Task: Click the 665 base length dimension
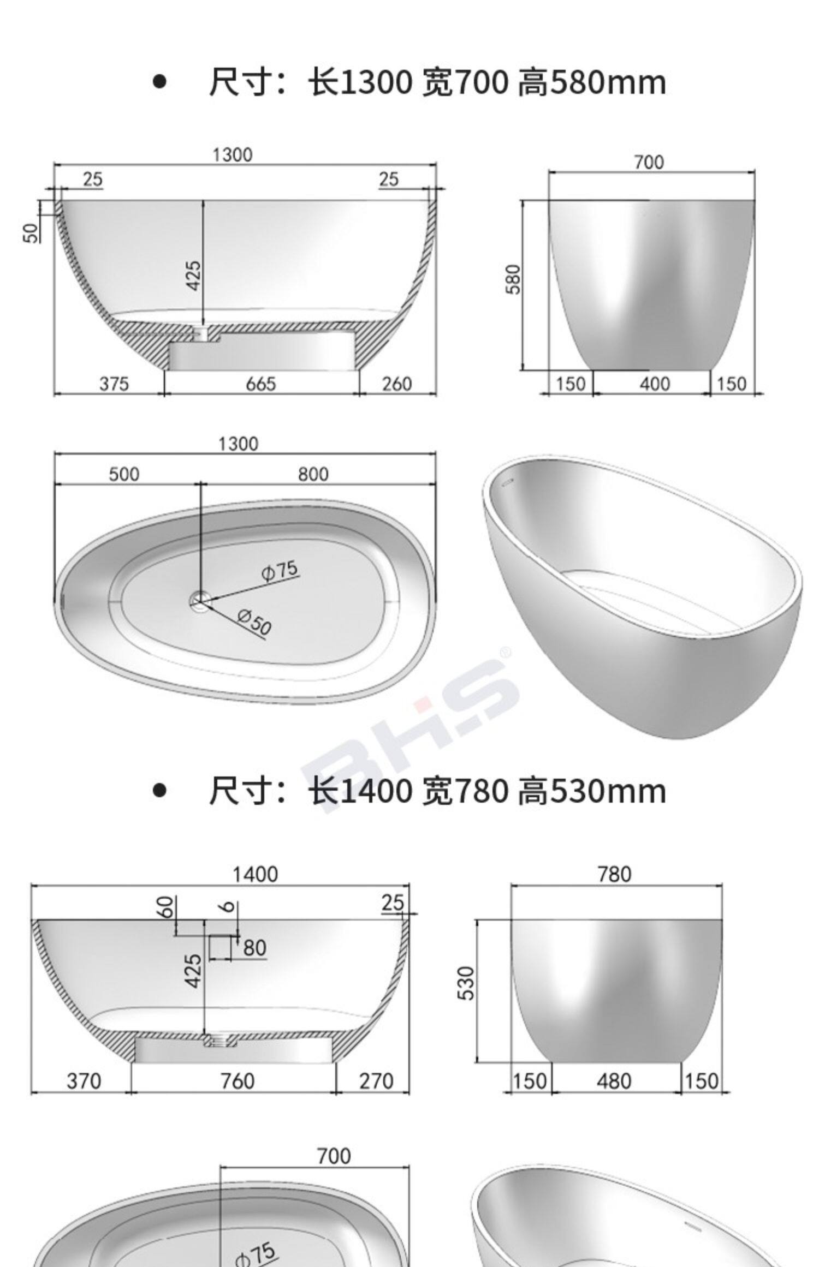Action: coord(260,384)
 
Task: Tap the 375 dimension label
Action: coord(114,384)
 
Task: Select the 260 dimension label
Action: coord(396,384)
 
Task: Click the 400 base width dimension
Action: coord(654,384)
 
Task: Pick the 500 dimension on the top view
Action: coord(124,474)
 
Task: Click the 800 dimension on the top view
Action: coord(313,474)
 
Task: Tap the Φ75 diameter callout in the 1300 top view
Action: coord(280,571)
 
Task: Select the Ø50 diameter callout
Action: coord(254,623)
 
